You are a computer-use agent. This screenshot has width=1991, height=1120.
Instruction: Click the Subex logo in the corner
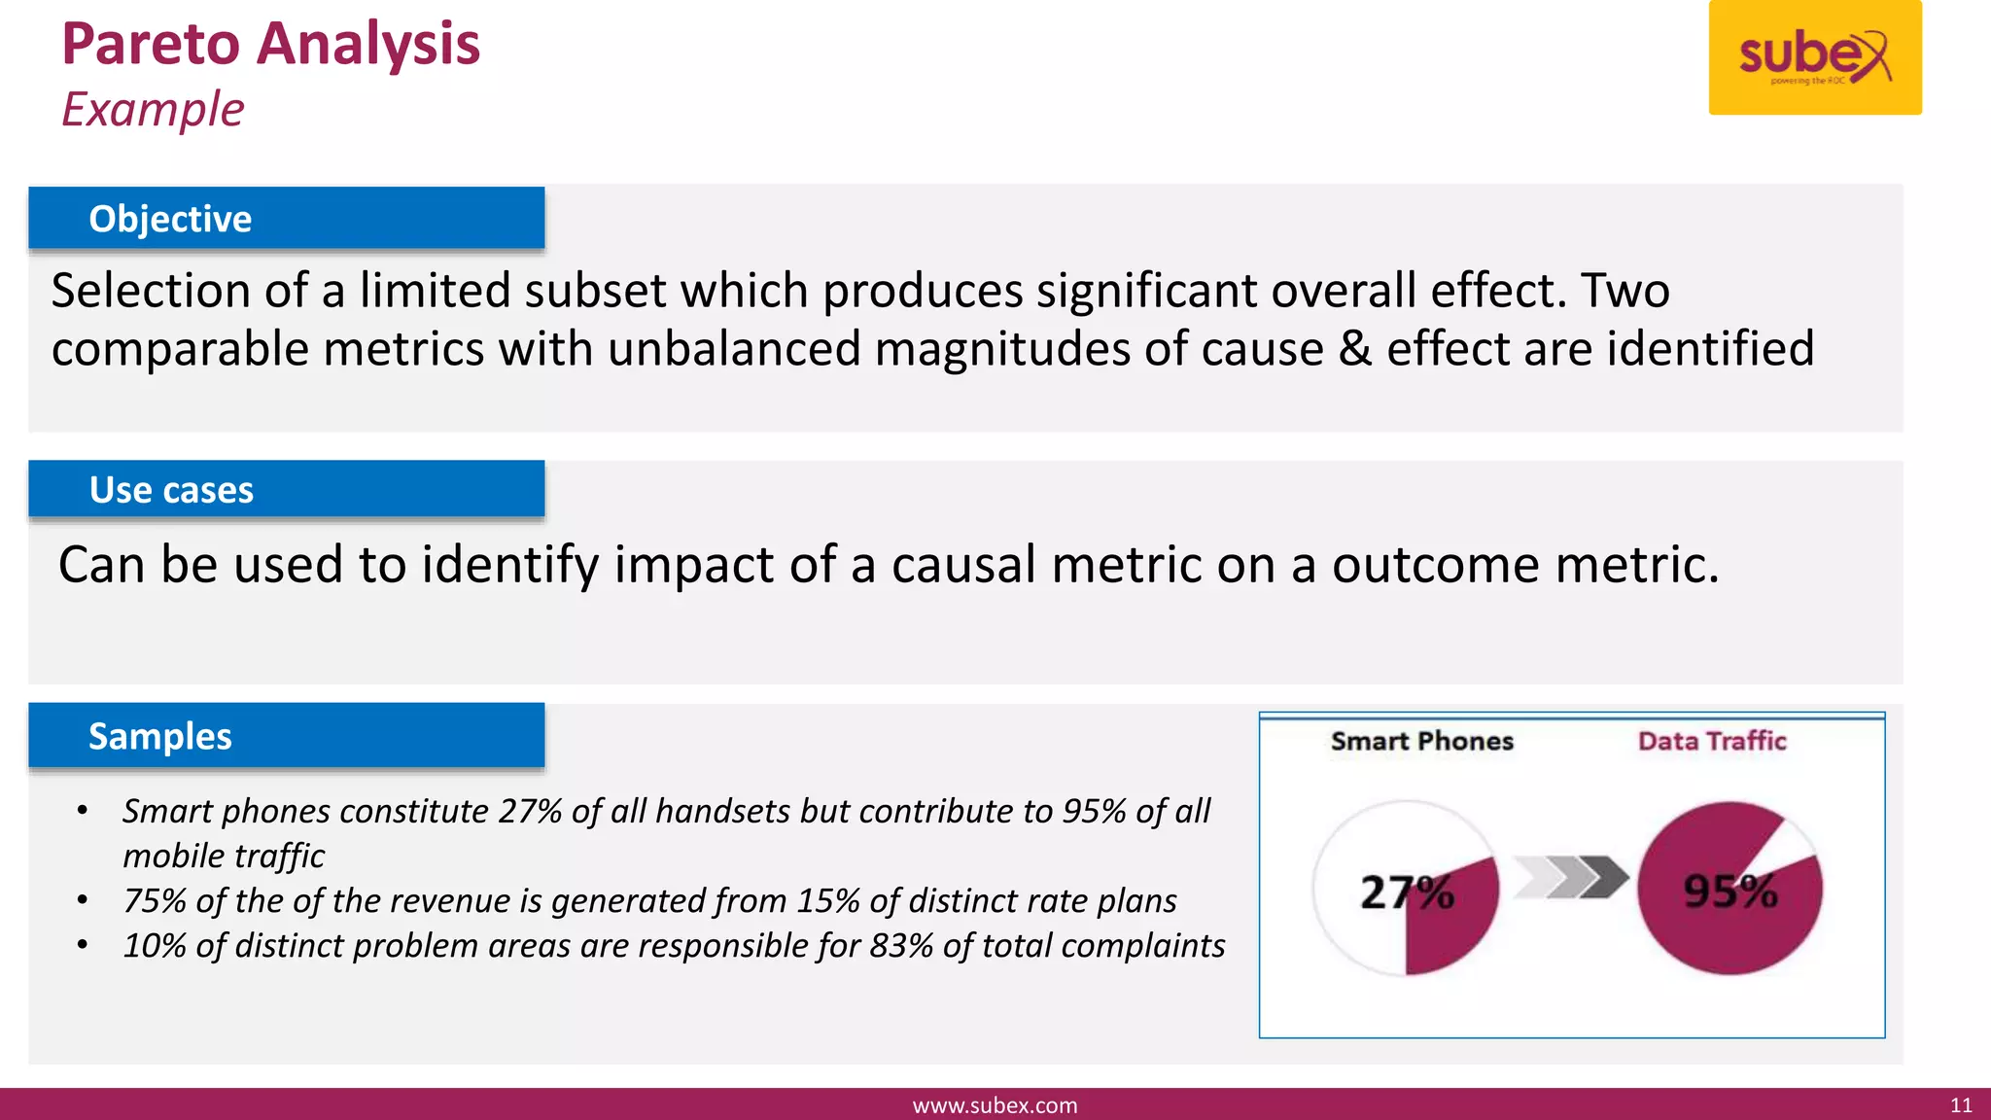(1814, 57)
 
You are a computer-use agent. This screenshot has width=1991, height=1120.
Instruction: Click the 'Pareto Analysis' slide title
(270, 45)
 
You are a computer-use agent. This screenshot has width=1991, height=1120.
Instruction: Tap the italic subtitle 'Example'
(153, 109)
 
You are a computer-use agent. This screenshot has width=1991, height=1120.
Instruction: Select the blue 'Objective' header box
(286, 219)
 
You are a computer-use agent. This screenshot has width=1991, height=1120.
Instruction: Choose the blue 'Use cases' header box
(286, 489)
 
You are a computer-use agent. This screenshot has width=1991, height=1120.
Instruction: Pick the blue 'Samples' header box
(286, 736)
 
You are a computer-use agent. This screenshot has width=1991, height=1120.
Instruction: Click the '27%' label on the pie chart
(1406, 892)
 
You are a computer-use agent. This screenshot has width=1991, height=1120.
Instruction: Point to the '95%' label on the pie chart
(1729, 891)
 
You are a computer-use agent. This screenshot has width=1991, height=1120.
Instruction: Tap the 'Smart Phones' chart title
(1421, 741)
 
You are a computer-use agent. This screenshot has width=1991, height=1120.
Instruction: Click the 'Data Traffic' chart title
(1712, 741)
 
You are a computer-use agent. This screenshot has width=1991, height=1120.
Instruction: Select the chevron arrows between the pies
(1571, 877)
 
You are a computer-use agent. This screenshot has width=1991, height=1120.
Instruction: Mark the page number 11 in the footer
(1961, 1105)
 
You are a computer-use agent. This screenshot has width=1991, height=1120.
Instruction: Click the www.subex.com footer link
(995, 1105)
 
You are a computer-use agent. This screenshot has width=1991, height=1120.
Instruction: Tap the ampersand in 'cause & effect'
(1354, 349)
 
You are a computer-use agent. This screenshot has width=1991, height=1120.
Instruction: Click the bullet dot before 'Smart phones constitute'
(83, 811)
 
